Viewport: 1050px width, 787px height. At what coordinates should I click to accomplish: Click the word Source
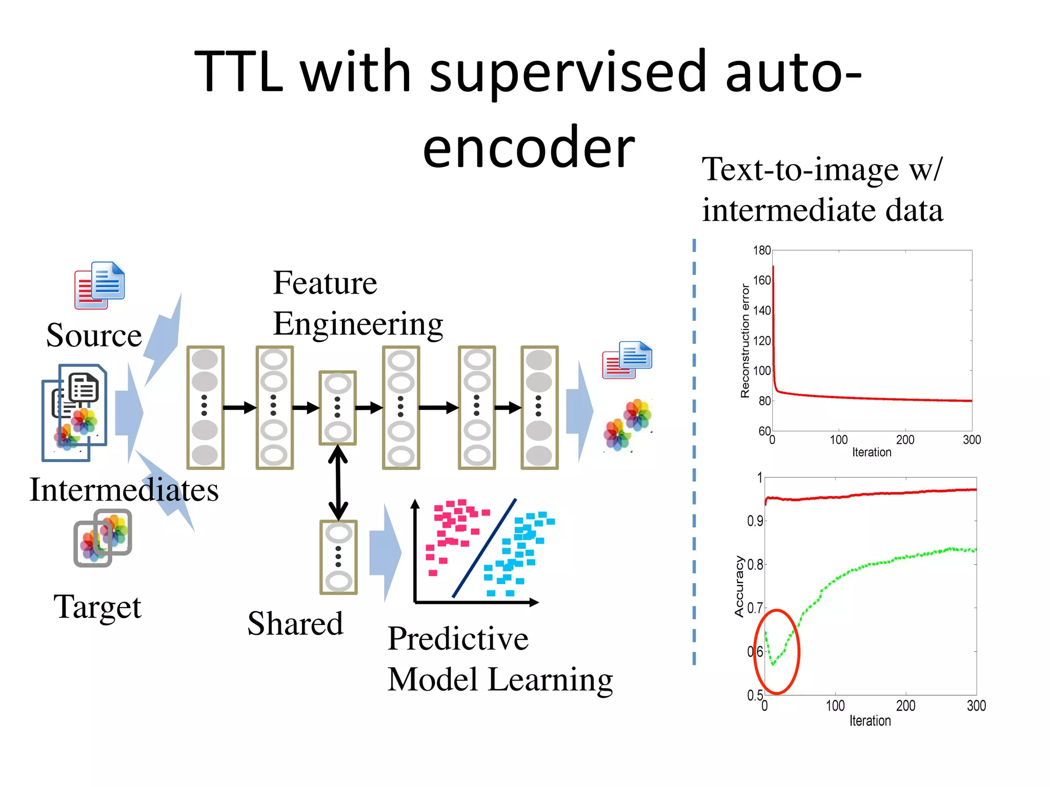(x=94, y=336)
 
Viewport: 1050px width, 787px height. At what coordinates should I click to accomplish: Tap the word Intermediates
(x=124, y=490)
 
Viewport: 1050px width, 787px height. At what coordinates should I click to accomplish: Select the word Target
(x=97, y=607)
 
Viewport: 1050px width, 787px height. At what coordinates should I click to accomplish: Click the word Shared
(x=295, y=624)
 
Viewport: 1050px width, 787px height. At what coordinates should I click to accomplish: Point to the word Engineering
(x=358, y=324)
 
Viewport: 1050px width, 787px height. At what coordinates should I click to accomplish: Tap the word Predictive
(x=458, y=639)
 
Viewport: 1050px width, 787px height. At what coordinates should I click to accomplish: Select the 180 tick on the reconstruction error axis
(x=762, y=251)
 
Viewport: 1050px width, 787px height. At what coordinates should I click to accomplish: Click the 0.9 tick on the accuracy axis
(x=755, y=521)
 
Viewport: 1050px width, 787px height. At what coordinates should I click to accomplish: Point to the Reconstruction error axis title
(x=745, y=341)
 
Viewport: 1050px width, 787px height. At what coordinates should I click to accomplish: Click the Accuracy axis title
(x=739, y=587)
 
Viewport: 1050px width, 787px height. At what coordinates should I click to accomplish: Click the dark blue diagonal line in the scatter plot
(x=484, y=548)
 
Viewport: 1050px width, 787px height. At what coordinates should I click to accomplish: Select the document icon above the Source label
(x=100, y=285)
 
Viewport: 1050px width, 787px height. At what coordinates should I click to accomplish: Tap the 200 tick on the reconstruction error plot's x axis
(x=905, y=440)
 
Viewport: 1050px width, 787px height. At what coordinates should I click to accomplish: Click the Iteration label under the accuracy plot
(x=870, y=721)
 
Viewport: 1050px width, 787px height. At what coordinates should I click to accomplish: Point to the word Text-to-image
(x=800, y=170)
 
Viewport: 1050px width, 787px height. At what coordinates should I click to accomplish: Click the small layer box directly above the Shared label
(x=338, y=557)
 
